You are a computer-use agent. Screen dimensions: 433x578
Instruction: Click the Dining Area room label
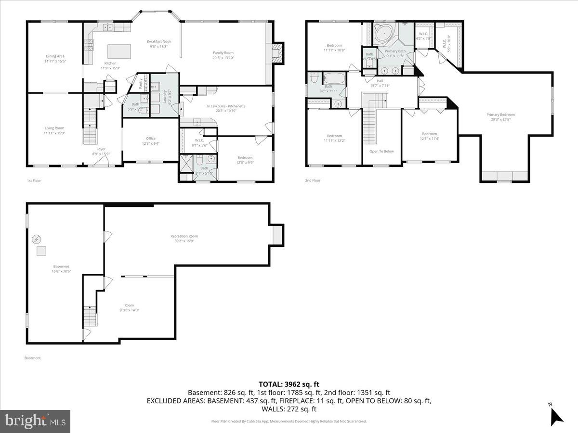(54, 59)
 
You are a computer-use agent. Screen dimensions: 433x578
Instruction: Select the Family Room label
(223, 55)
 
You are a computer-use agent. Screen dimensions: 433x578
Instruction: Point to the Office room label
(150, 140)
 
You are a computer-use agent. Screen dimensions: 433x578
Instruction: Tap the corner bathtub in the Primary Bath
(384, 34)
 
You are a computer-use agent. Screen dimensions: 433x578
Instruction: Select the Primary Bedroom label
(500, 117)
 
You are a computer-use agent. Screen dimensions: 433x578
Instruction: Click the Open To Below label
(381, 151)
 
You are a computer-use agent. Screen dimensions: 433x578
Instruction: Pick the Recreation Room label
(184, 238)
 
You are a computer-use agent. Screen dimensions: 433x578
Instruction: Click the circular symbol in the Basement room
(36, 239)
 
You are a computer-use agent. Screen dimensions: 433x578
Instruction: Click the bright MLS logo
(35, 421)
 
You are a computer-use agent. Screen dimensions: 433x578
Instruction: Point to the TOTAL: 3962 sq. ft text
(289, 384)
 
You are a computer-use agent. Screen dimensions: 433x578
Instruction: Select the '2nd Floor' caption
(313, 180)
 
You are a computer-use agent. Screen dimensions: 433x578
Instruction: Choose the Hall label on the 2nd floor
(380, 83)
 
